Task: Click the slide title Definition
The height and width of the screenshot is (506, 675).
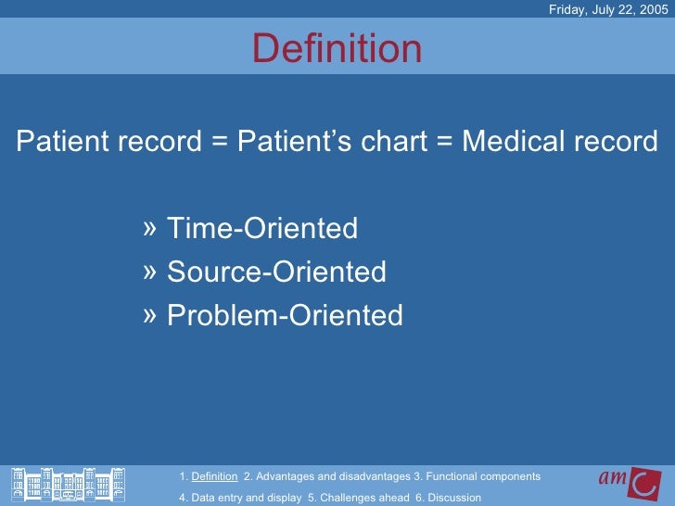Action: [x=337, y=49]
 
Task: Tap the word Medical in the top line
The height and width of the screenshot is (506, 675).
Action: [x=514, y=143]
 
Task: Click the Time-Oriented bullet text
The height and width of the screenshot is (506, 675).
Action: [x=261, y=228]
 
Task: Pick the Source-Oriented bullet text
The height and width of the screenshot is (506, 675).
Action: [x=276, y=272]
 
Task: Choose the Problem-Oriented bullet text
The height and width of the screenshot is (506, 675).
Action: [x=285, y=316]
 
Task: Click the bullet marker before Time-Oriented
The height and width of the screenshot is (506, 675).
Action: [x=151, y=228]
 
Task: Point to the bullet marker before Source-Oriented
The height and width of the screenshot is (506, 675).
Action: [x=151, y=272]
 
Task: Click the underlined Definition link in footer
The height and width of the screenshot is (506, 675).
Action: [x=214, y=476]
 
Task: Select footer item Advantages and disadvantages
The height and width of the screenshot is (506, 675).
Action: [x=325, y=476]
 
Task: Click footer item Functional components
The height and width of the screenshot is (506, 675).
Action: [x=478, y=476]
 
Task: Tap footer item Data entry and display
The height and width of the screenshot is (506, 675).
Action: [x=239, y=498]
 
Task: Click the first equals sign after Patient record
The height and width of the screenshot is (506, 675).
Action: [x=219, y=144]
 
